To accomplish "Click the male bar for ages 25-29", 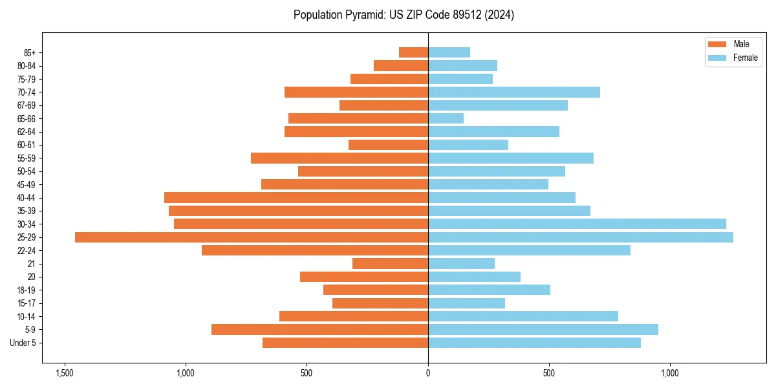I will pyautogui.click(x=252, y=237).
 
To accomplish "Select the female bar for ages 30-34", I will pyautogui.click(x=577, y=224).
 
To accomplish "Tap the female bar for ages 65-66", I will pyautogui.click(x=446, y=118).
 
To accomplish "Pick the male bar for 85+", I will pyautogui.click(x=413, y=52).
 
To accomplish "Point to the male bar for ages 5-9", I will pyautogui.click(x=319, y=329).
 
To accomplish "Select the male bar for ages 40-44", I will pyautogui.click(x=296, y=197).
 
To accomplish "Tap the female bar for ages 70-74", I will pyautogui.click(x=514, y=92).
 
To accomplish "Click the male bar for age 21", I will pyautogui.click(x=390, y=263).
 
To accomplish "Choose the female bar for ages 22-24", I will pyautogui.click(x=529, y=250).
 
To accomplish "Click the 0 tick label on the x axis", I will pyautogui.click(x=428, y=373).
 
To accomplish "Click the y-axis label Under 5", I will pyautogui.click(x=23, y=343).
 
